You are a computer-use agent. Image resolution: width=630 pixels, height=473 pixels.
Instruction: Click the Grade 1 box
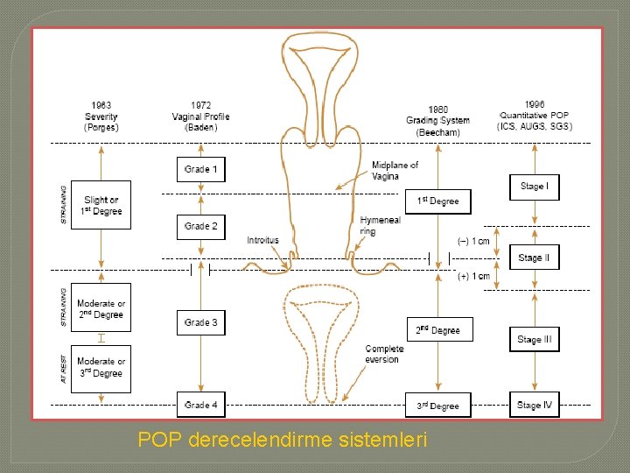click(201, 169)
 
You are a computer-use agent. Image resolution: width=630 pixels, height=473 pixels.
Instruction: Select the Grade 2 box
click(201, 227)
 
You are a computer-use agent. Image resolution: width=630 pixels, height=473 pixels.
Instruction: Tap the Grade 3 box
click(201, 322)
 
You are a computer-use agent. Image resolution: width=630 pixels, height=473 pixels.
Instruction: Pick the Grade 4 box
click(201, 405)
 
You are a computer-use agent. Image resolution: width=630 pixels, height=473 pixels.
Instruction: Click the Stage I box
click(534, 187)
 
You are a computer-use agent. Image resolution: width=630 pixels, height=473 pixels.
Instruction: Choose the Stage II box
click(534, 258)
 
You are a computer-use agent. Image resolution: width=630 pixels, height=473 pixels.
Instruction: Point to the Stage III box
click(534, 340)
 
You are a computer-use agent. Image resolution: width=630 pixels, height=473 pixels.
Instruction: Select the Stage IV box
click(534, 405)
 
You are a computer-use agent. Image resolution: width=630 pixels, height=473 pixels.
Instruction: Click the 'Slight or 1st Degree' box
click(101, 205)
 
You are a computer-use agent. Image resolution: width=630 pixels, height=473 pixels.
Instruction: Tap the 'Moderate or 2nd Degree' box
click(101, 308)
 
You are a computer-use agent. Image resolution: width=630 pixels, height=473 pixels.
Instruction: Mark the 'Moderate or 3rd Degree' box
click(101, 367)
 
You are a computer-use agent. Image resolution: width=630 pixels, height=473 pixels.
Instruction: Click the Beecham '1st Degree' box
click(437, 201)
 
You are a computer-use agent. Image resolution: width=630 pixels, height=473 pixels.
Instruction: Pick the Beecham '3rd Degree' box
click(437, 406)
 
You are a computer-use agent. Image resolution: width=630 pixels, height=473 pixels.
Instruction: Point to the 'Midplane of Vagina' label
click(395, 171)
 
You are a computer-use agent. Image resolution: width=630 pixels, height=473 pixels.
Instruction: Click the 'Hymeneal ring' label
click(380, 226)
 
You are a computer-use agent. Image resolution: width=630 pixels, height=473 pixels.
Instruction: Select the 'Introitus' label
click(262, 240)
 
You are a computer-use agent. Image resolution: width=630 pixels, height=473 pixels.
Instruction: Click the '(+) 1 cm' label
click(474, 277)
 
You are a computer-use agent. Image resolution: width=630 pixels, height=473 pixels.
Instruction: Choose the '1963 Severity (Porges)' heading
click(101, 116)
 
